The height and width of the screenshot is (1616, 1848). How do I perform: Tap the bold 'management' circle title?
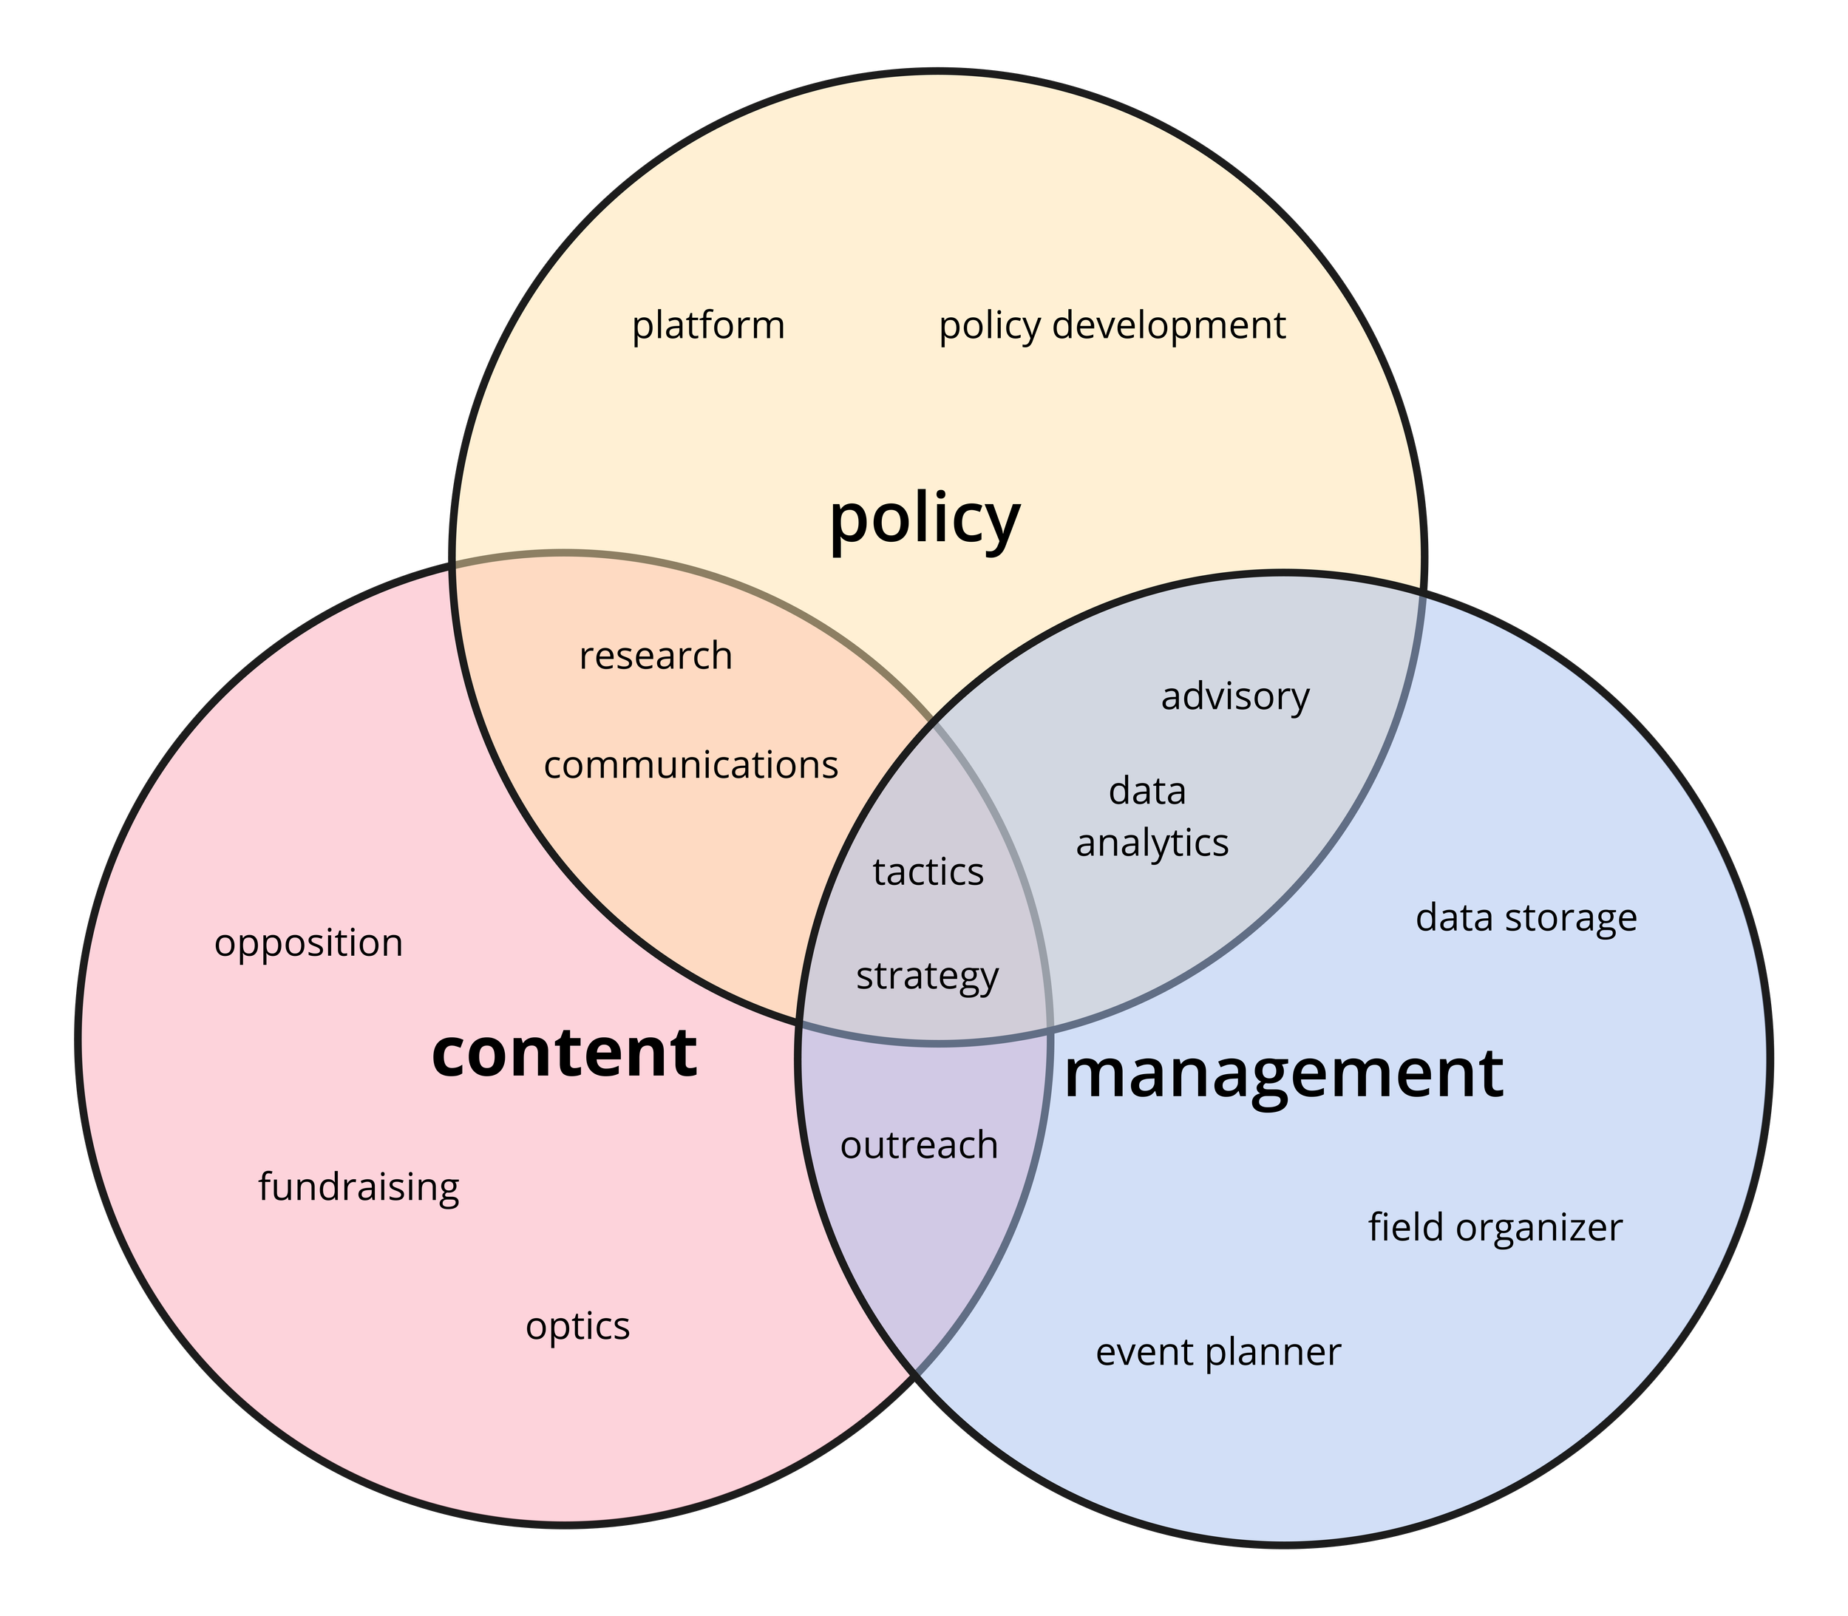pos(1283,1073)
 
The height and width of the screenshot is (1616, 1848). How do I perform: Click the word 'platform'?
pos(708,325)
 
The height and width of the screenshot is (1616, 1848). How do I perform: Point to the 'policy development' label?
pos(1112,325)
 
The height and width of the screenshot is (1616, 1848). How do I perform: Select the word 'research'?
pos(656,656)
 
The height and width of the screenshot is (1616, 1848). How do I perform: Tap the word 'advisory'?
pos(1234,697)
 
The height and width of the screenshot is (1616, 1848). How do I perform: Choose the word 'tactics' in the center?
pos(928,872)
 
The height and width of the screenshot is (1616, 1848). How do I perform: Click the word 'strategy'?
pos(927,977)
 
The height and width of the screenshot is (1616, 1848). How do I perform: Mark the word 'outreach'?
pos(919,1145)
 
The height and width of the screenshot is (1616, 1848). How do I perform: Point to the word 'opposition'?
pos(308,944)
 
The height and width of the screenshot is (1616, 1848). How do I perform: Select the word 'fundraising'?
pos(359,1186)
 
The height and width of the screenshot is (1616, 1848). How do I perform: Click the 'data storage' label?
pos(1526,918)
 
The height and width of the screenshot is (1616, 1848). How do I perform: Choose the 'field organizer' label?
pos(1495,1227)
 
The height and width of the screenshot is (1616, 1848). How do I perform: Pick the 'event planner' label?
pos(1217,1353)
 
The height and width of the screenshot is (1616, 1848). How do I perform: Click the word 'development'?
pos(1169,325)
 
